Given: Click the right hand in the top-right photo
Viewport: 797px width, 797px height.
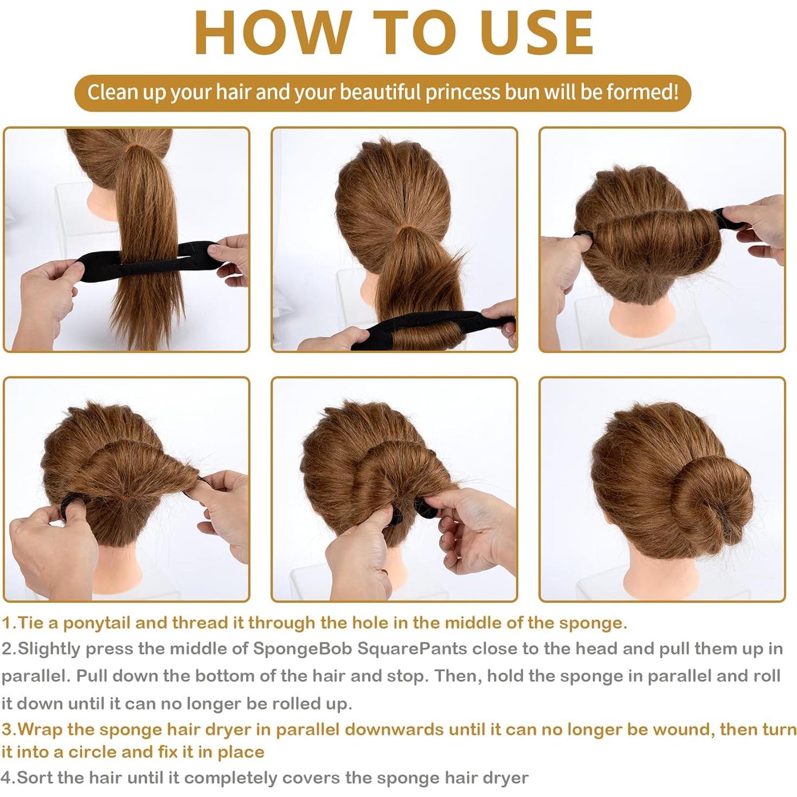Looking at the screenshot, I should point(759,228).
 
